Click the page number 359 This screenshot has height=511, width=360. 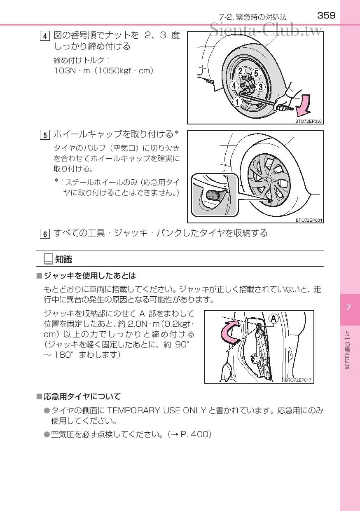click(x=326, y=16)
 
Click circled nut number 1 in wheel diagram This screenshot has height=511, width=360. click(x=237, y=101)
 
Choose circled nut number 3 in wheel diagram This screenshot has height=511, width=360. click(x=260, y=87)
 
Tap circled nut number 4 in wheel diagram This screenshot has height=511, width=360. click(x=234, y=86)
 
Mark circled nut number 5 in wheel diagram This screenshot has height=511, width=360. click(x=256, y=73)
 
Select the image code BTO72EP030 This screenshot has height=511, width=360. click(x=308, y=122)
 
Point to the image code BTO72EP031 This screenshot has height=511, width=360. click(x=308, y=220)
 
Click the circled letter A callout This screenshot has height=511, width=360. click(x=273, y=318)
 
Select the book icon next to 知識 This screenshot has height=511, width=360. click(x=48, y=259)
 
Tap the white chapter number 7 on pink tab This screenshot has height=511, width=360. click(x=348, y=307)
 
